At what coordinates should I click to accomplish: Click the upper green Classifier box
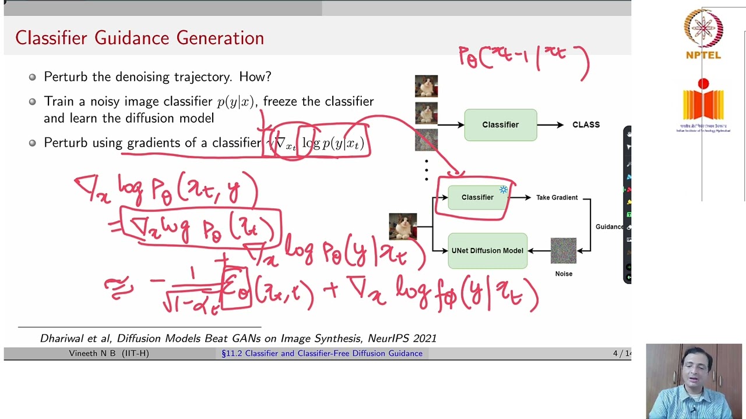click(500, 125)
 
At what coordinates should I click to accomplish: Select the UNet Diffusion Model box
click(487, 251)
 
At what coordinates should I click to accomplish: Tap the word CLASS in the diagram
click(586, 125)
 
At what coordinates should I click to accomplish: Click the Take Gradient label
click(557, 198)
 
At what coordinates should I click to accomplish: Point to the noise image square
click(563, 251)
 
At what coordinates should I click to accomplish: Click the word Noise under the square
click(563, 274)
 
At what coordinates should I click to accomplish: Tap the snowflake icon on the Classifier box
click(504, 190)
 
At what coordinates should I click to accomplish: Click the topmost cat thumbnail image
click(426, 86)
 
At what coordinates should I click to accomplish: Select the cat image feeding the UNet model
click(403, 226)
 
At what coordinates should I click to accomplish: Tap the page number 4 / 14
click(621, 353)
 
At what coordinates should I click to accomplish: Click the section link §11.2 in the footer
click(231, 353)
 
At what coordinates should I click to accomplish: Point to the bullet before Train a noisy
click(32, 102)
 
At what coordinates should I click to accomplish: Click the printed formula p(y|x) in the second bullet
click(235, 102)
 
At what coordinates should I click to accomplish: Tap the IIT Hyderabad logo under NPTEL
click(703, 105)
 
